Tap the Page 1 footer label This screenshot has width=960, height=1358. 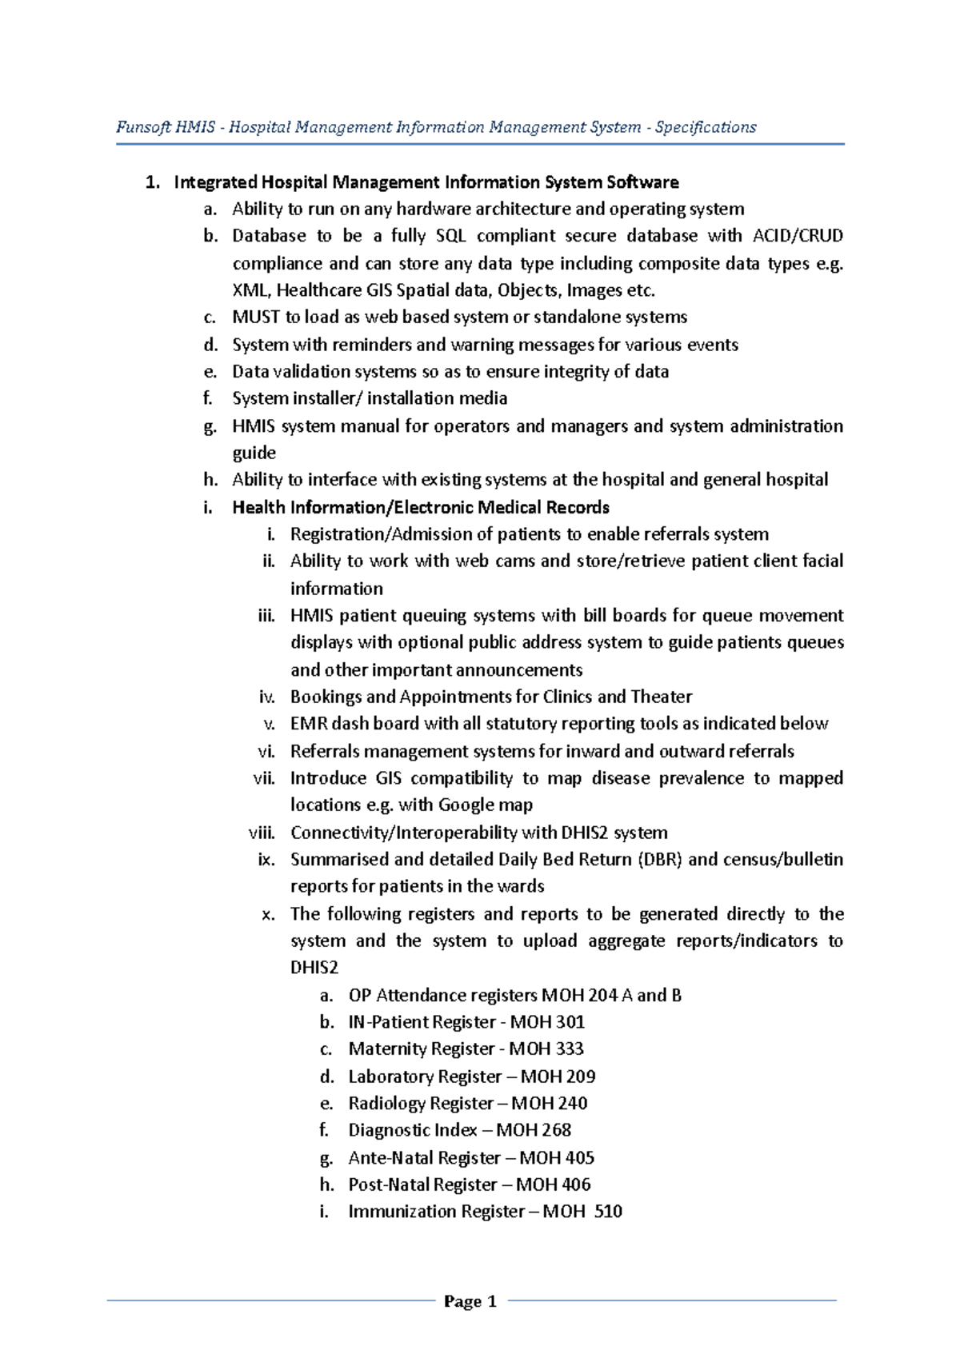pyautogui.click(x=470, y=1301)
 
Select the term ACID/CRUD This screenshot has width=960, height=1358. pyautogui.click(x=798, y=236)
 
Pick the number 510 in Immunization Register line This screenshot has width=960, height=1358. pyautogui.click(x=608, y=1212)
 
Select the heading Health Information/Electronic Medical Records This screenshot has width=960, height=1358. pyautogui.click(x=421, y=508)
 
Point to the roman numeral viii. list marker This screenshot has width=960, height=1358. pyautogui.click(x=262, y=833)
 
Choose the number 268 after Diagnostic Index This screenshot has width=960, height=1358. pyautogui.click(x=556, y=1130)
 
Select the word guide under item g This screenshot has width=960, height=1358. pyautogui.click(x=254, y=453)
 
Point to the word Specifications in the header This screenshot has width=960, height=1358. pyautogui.click(x=706, y=127)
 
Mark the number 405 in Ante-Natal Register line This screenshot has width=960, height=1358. pyautogui.click(x=578, y=1158)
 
